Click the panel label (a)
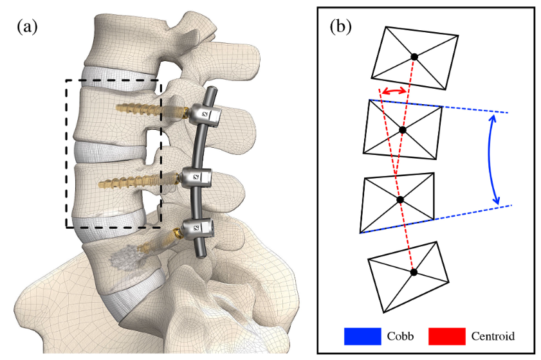[x=27, y=26]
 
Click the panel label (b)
[x=340, y=26]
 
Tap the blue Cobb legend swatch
[x=363, y=336]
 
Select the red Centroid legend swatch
[x=447, y=336]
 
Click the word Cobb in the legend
[x=400, y=336]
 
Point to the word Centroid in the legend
[x=493, y=336]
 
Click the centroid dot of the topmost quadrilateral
[x=414, y=57]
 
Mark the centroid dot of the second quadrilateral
[x=402, y=130]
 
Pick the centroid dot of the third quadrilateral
[x=400, y=200]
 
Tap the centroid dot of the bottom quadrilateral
[x=414, y=272]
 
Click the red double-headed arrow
[x=394, y=91]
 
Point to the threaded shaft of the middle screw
[x=138, y=181]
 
